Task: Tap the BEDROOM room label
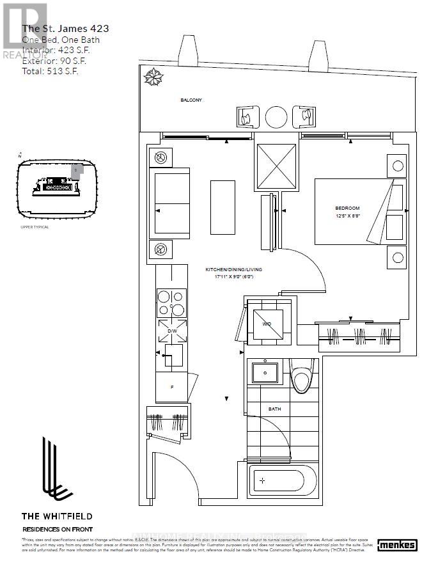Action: pyautogui.click(x=347, y=208)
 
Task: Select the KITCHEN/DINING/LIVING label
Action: pyautogui.click(x=233, y=270)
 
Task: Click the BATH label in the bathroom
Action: pyautogui.click(x=274, y=409)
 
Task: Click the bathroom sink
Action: pyautogui.click(x=264, y=372)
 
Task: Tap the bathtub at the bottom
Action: pyautogui.click(x=282, y=480)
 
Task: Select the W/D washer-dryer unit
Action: pyautogui.click(x=267, y=324)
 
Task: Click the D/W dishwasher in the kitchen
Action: pyautogui.click(x=172, y=331)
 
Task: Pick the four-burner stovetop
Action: pyautogui.click(x=171, y=303)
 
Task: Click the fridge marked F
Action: pyautogui.click(x=172, y=387)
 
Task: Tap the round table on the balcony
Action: pyautogui.click(x=276, y=117)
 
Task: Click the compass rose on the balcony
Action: pyautogui.click(x=153, y=77)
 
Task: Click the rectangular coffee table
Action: pyautogui.click(x=223, y=207)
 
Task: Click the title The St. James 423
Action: pyautogui.click(x=65, y=28)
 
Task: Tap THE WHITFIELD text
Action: pyautogui.click(x=58, y=516)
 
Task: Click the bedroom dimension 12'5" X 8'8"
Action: pyautogui.click(x=347, y=217)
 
